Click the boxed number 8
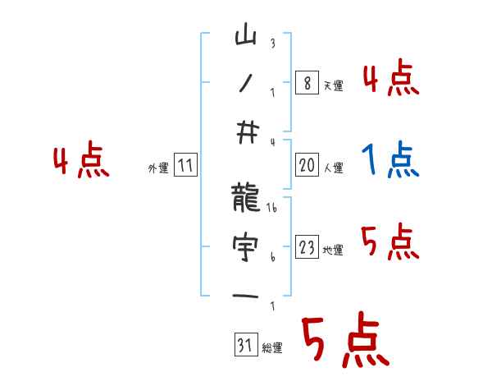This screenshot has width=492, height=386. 306,83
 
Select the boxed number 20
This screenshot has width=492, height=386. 307,166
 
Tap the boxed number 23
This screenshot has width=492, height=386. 307,248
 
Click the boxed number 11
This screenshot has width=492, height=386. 185,166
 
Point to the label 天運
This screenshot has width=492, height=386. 333,85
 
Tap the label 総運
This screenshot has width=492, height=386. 272,348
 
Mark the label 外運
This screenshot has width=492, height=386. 158,168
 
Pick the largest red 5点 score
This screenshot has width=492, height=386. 344,342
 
